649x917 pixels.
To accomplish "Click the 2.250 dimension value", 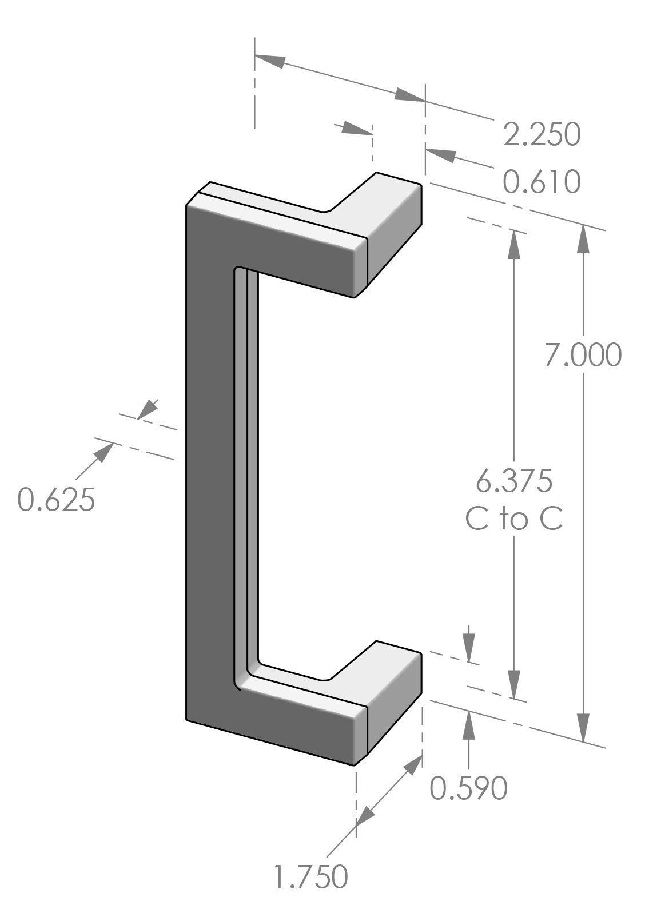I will [x=542, y=135].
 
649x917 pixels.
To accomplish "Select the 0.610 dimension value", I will [x=542, y=182].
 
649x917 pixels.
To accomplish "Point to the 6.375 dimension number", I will [x=514, y=481].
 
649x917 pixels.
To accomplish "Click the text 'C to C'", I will [x=514, y=519].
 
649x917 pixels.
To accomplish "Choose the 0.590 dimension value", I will [x=468, y=788].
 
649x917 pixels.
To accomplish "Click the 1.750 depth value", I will [x=310, y=876].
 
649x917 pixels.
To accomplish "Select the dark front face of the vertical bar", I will [x=209, y=457].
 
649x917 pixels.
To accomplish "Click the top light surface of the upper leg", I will [x=286, y=212].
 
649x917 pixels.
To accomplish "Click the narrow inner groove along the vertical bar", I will [x=252, y=457].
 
